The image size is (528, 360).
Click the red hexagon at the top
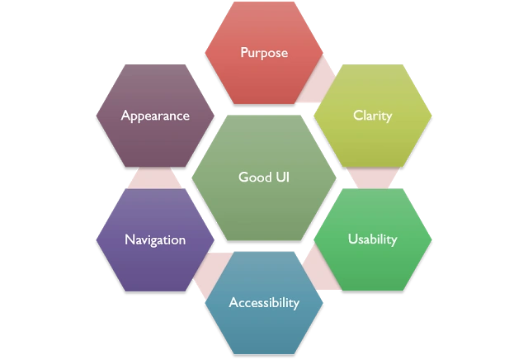pyautogui.click(x=264, y=53)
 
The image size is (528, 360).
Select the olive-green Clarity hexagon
pyautogui.click(x=373, y=116)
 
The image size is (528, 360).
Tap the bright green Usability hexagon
pyautogui.click(x=373, y=239)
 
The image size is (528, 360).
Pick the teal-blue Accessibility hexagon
pyautogui.click(x=264, y=303)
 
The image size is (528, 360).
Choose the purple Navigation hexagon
pyautogui.click(x=155, y=239)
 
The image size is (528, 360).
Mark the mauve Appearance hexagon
pyautogui.click(x=155, y=116)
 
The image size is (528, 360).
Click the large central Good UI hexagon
pyautogui.click(x=264, y=178)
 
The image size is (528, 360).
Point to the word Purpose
pyautogui.click(x=264, y=53)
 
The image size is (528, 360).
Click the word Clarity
pyautogui.click(x=373, y=116)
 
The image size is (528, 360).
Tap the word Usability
pyautogui.click(x=372, y=239)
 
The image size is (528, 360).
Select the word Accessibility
pyautogui.click(x=264, y=303)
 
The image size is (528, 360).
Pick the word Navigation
pyautogui.click(x=155, y=240)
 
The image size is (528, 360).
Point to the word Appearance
pyautogui.click(x=155, y=116)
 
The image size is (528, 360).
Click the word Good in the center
pyautogui.click(x=255, y=178)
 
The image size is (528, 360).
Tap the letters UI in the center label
pyautogui.click(x=283, y=178)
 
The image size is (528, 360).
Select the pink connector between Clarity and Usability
pyautogui.click(x=373, y=178)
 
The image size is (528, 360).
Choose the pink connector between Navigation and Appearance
pyautogui.click(x=154, y=178)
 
